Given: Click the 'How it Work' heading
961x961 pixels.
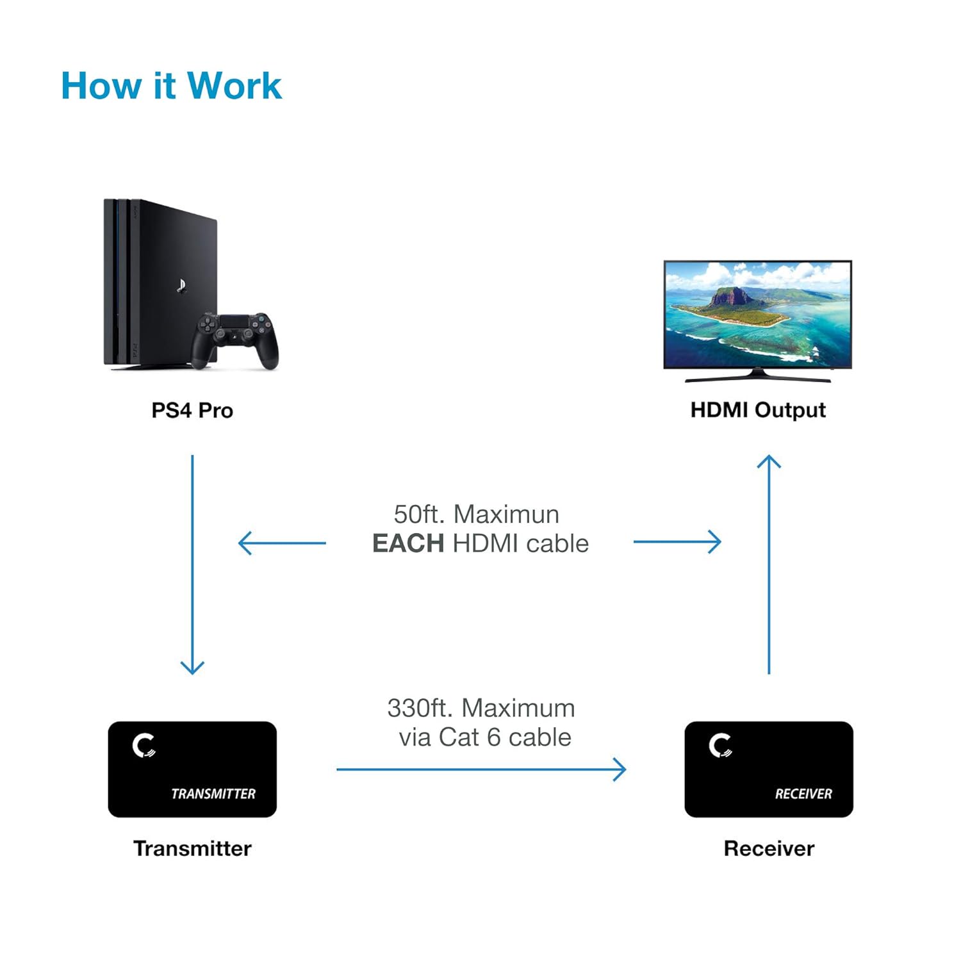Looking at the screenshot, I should [x=171, y=86].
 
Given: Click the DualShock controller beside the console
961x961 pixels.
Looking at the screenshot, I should [x=235, y=340].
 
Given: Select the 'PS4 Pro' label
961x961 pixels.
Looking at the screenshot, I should [x=192, y=411].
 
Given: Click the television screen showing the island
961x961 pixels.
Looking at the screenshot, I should [x=757, y=314].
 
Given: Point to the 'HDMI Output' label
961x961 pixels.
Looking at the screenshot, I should [x=758, y=410].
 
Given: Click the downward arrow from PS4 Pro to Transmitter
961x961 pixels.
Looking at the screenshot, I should [x=192, y=564].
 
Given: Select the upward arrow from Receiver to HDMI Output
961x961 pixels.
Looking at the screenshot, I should [x=769, y=564].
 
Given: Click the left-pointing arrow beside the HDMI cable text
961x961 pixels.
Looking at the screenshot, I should [x=282, y=543].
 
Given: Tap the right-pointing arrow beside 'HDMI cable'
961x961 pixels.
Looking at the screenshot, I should [x=677, y=542].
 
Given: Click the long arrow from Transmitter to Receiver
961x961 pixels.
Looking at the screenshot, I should [x=481, y=769].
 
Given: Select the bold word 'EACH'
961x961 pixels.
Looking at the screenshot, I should [x=408, y=544].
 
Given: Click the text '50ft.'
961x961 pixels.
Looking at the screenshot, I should [x=419, y=514].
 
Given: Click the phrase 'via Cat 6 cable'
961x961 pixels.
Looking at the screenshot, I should [x=485, y=737].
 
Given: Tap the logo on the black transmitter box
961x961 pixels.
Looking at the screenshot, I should [x=144, y=746].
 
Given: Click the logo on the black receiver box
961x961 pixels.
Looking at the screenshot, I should [x=721, y=746].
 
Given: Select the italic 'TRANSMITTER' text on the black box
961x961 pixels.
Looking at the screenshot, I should [x=213, y=794].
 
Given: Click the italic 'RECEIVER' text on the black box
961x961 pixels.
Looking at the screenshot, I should [x=803, y=794].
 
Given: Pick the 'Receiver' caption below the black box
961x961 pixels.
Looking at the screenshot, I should [x=769, y=849].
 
